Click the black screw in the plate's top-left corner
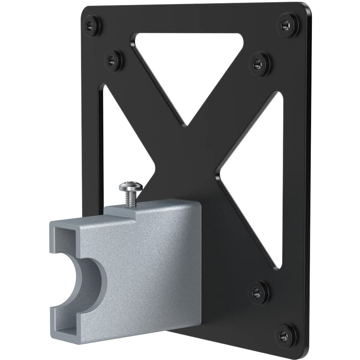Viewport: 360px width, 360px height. click(x=92, y=26)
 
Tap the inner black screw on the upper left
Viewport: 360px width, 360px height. click(x=114, y=60)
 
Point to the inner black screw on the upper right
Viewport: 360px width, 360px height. click(x=260, y=64)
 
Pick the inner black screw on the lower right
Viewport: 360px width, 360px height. click(x=259, y=292)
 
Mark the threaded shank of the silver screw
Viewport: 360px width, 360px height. click(x=130, y=200)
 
